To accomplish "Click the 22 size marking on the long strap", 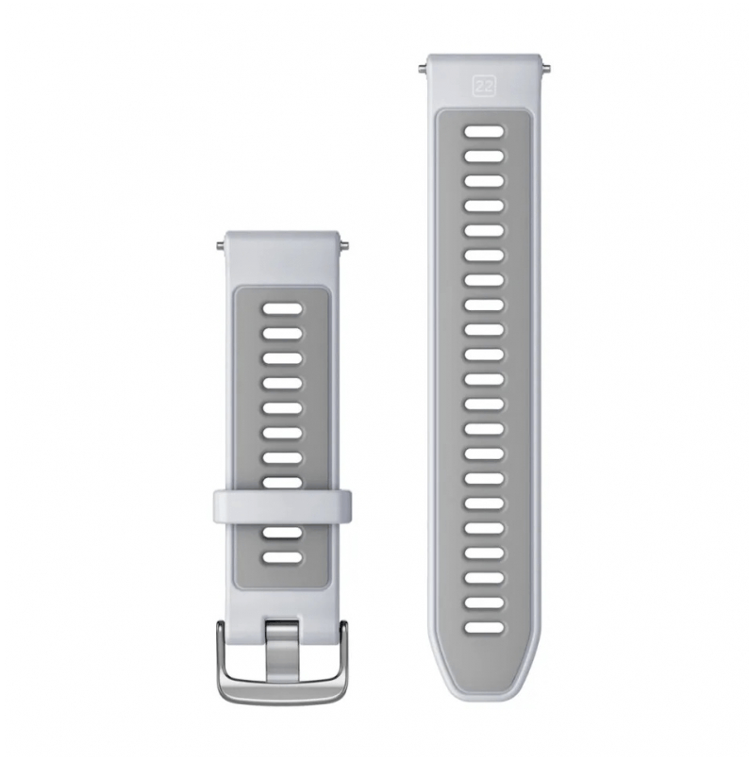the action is click(x=484, y=86).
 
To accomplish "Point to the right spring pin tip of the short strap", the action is click(x=346, y=245).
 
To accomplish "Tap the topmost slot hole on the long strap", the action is click(x=484, y=131).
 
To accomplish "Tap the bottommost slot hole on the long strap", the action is click(x=484, y=628).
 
